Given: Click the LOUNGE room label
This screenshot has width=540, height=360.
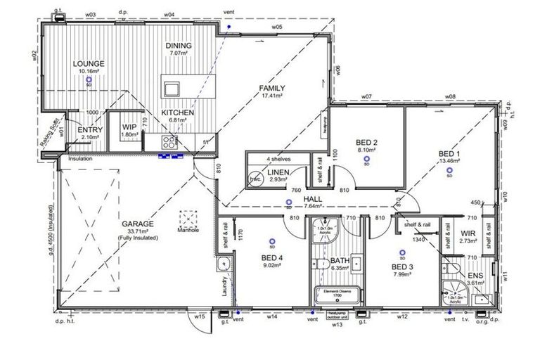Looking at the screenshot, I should tap(89, 63).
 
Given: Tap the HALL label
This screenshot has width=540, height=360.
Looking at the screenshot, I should tap(313, 199).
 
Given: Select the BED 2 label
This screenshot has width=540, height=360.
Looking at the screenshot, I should tap(365, 142).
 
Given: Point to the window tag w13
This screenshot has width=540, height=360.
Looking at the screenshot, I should tap(337, 325).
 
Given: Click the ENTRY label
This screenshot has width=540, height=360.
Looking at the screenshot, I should tap(90, 130).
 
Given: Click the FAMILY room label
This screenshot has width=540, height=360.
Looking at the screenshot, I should tap(272, 88).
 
